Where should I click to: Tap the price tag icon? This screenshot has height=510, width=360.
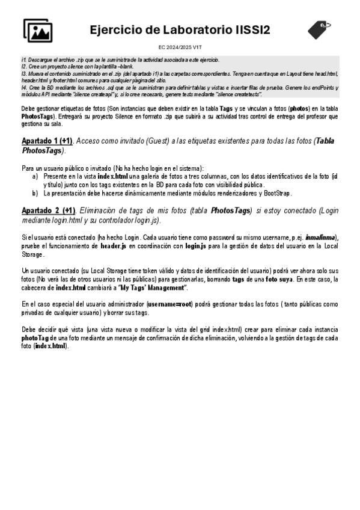[x=319, y=28]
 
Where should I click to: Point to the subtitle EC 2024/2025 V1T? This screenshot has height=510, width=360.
[x=180, y=46]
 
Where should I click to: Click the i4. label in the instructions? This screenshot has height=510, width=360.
[x=24, y=87]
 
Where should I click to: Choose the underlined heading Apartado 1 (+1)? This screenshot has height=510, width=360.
[x=47, y=141]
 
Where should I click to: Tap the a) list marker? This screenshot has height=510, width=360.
[x=35, y=176]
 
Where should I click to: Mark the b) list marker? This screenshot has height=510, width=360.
[x=35, y=194]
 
